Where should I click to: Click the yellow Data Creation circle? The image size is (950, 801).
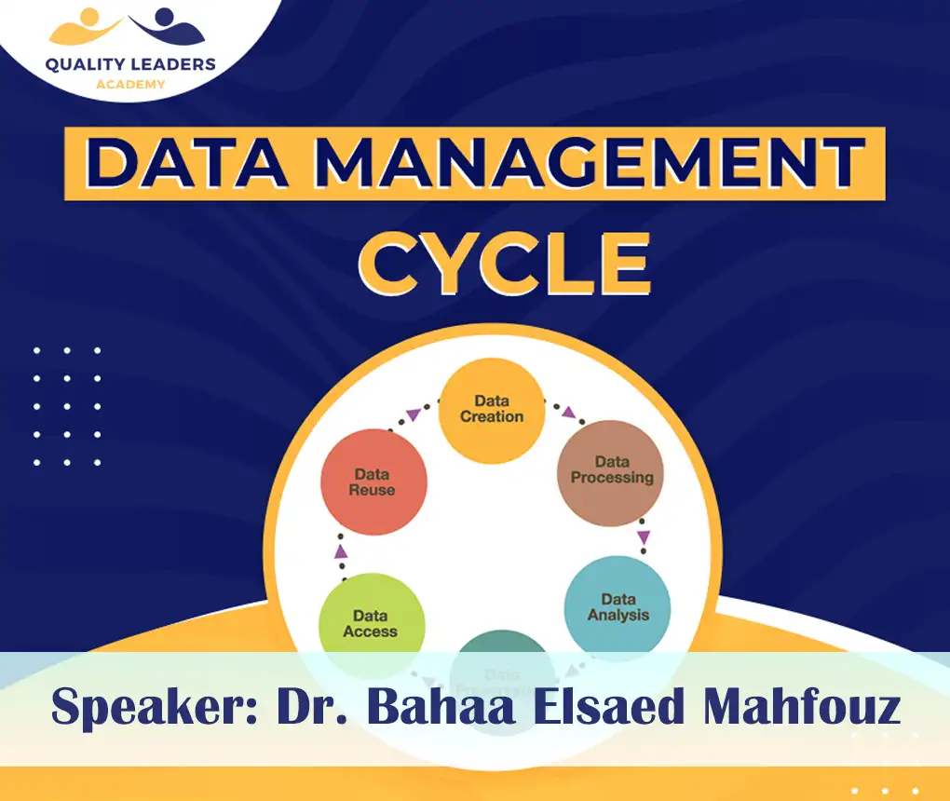click(491, 410)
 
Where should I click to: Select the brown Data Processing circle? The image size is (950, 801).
click(611, 471)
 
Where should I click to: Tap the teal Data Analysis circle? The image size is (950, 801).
click(617, 607)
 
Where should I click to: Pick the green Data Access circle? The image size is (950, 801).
click(371, 622)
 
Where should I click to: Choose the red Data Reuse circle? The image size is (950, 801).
click(373, 482)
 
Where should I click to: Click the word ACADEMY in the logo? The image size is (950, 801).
click(130, 85)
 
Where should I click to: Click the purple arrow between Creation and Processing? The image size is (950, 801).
click(568, 412)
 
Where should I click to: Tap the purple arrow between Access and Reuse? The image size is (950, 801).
click(341, 551)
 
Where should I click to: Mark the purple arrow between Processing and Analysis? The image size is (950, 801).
click(644, 537)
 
